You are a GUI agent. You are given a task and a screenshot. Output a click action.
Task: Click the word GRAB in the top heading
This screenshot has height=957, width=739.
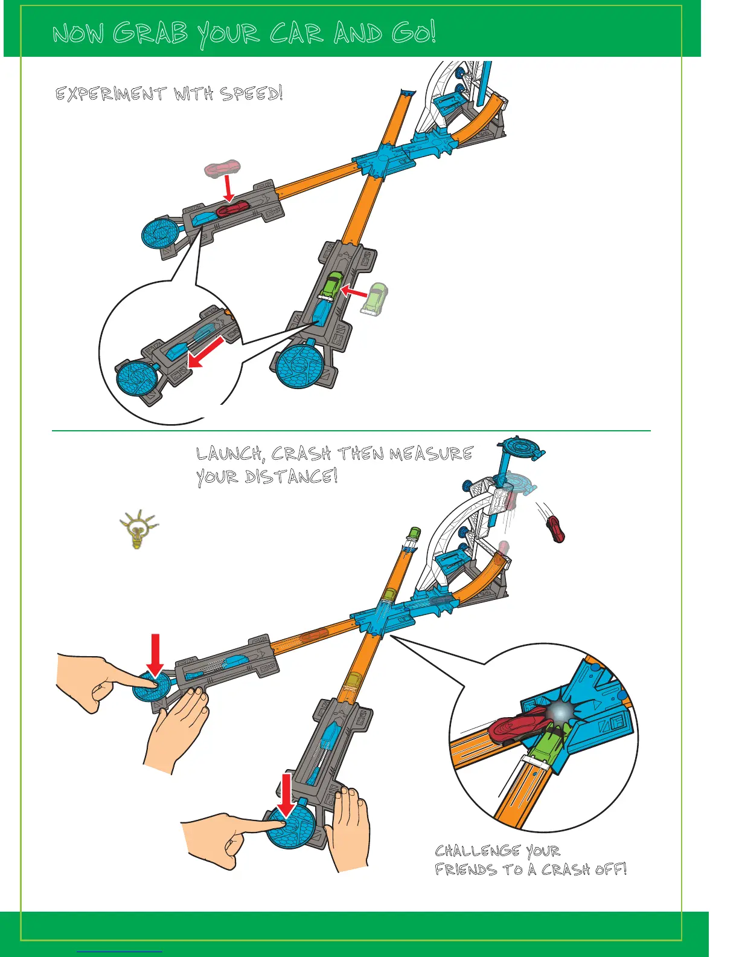(x=151, y=33)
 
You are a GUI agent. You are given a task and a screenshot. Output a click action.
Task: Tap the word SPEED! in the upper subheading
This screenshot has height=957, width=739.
(x=251, y=94)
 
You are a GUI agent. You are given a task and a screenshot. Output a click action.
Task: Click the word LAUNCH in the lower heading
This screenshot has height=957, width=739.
(x=229, y=454)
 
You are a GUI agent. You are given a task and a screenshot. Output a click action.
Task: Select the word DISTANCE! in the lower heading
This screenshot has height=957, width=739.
(x=290, y=477)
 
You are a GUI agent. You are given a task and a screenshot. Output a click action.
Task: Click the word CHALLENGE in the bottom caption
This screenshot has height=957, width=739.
(x=476, y=851)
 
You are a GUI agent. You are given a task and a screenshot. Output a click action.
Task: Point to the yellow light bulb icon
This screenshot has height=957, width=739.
(x=138, y=529)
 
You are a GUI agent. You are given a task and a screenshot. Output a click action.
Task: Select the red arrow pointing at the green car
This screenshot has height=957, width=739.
(x=354, y=293)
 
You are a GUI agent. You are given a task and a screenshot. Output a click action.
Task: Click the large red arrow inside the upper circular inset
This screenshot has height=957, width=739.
(x=206, y=353)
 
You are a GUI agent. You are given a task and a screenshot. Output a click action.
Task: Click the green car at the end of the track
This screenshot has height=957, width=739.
(x=414, y=533)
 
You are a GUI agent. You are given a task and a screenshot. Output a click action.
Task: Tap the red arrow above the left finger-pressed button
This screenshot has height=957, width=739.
(x=155, y=655)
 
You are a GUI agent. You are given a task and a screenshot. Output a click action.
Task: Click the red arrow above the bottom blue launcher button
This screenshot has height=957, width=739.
(x=286, y=794)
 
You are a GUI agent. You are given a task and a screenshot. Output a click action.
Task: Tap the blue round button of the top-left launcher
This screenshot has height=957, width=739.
(x=159, y=233)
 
